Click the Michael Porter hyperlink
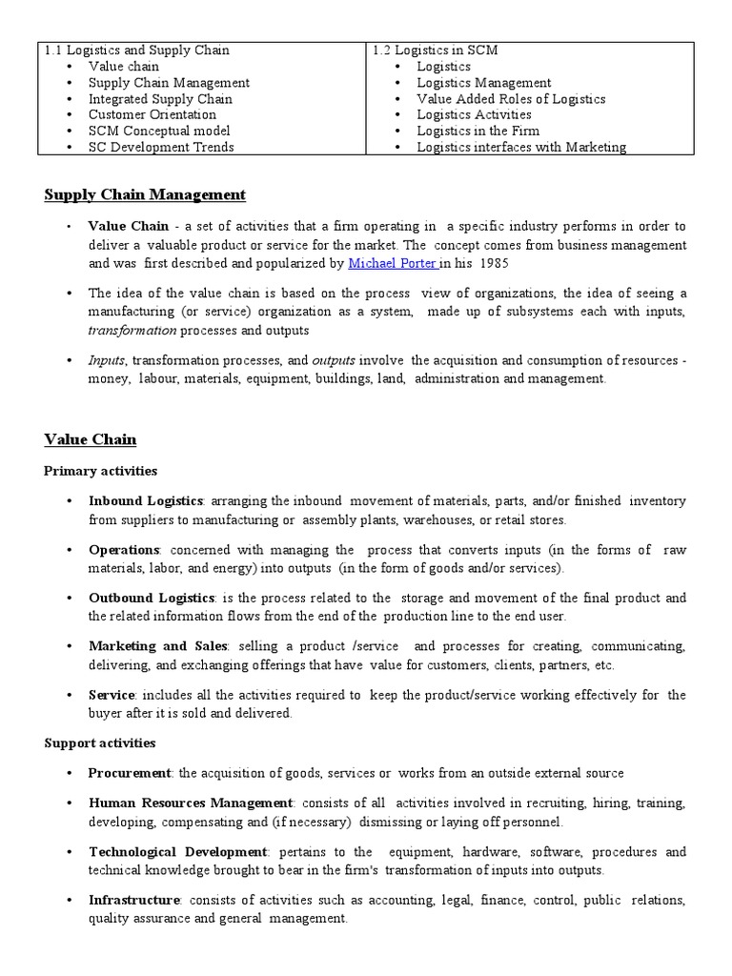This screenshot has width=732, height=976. [x=392, y=262]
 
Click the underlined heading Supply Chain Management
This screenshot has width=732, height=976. [x=145, y=195]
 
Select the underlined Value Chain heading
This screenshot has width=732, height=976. [x=91, y=439]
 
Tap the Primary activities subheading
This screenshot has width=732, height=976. [x=101, y=471]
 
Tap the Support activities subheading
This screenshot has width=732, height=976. [x=100, y=742]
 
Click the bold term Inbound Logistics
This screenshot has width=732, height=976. [x=146, y=500]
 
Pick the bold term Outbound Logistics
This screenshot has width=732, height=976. [x=152, y=598]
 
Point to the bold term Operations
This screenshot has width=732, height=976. [x=124, y=550]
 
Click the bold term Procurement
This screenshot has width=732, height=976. [x=130, y=773]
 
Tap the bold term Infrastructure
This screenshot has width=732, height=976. [x=134, y=900]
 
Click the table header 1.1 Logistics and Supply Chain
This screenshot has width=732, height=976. [x=136, y=51]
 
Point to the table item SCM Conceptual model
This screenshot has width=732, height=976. [x=159, y=131]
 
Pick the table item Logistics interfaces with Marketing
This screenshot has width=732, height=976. [x=521, y=147]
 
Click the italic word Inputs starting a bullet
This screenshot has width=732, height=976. [x=107, y=360]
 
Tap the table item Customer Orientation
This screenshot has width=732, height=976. [x=152, y=114]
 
